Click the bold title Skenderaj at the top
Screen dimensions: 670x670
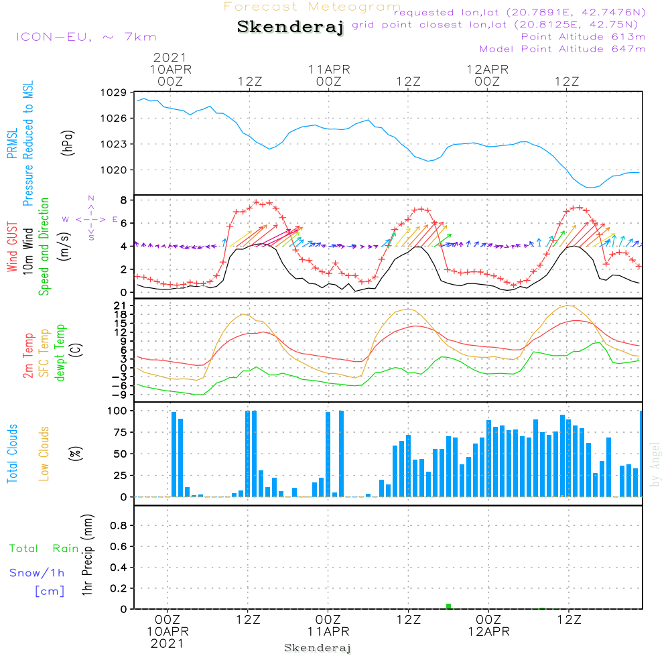coord(290,27)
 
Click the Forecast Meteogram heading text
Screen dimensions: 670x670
coord(312,7)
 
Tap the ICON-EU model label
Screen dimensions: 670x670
coord(86,37)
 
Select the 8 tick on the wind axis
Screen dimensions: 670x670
coord(123,200)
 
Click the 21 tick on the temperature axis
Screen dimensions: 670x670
coord(121,306)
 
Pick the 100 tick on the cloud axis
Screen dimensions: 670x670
coord(118,410)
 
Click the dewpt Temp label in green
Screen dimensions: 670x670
coord(61,353)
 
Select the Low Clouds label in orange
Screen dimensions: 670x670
coord(45,454)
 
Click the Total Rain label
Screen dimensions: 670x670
coord(44,549)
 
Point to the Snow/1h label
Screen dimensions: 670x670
coord(38,574)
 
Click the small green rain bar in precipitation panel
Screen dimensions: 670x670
coord(448,606)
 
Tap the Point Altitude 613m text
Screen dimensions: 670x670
coord(583,37)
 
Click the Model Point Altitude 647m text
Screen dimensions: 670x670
coord(563,49)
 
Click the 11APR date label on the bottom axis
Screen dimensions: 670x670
coord(329,632)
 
